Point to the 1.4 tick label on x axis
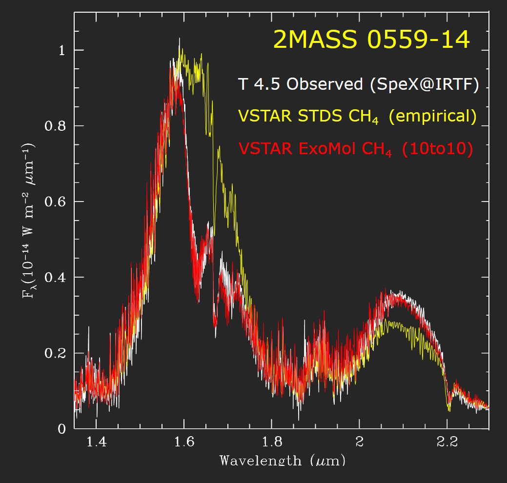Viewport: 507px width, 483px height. click(96, 443)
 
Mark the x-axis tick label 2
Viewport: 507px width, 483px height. click(359, 443)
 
